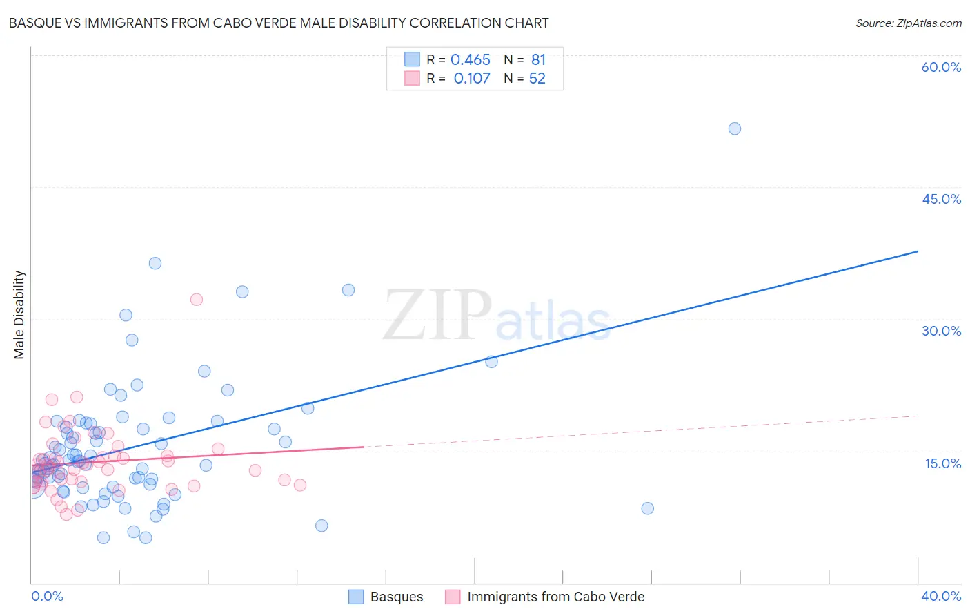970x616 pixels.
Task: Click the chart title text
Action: point(279,23)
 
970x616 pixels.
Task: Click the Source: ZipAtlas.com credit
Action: point(908,23)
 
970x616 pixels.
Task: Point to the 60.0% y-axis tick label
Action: point(941,67)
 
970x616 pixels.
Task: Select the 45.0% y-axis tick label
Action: point(941,199)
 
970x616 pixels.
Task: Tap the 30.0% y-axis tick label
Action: point(941,331)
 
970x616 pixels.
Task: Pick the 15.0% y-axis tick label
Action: point(942,463)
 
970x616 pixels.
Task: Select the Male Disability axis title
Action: point(19,314)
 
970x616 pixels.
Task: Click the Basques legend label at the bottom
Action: point(397,597)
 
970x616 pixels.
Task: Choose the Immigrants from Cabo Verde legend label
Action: point(555,597)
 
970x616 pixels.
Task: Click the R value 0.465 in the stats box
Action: point(471,60)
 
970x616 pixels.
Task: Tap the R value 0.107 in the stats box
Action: point(472,79)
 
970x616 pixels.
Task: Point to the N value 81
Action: point(538,60)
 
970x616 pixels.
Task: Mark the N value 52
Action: point(537,79)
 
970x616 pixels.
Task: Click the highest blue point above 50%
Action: point(735,128)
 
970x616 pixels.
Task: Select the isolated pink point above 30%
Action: point(197,300)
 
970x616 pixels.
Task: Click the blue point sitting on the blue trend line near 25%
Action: point(491,361)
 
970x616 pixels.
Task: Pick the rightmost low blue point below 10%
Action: point(647,508)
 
